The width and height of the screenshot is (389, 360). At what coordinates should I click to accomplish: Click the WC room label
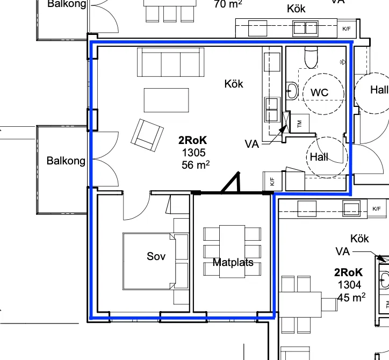tap(319, 93)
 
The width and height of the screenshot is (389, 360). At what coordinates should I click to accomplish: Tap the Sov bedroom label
tap(156, 256)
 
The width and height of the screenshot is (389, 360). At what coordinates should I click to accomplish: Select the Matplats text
tap(233, 263)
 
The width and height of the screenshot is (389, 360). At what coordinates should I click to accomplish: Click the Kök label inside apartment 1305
tap(234, 84)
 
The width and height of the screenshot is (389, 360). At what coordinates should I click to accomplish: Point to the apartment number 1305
tap(194, 153)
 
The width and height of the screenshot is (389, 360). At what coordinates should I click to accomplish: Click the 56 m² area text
tap(195, 165)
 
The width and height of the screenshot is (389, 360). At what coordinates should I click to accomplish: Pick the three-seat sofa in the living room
tap(167, 62)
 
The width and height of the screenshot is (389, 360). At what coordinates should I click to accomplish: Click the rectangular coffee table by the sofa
tap(166, 99)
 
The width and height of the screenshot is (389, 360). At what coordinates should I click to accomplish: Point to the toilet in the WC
tap(311, 56)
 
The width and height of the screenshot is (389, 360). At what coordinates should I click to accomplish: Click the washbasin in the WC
tap(292, 91)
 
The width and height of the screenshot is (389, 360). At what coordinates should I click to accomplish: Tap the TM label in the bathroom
tap(299, 123)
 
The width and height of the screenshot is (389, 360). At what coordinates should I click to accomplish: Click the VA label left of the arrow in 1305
tap(252, 144)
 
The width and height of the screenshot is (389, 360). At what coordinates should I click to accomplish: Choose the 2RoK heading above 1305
tap(193, 140)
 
